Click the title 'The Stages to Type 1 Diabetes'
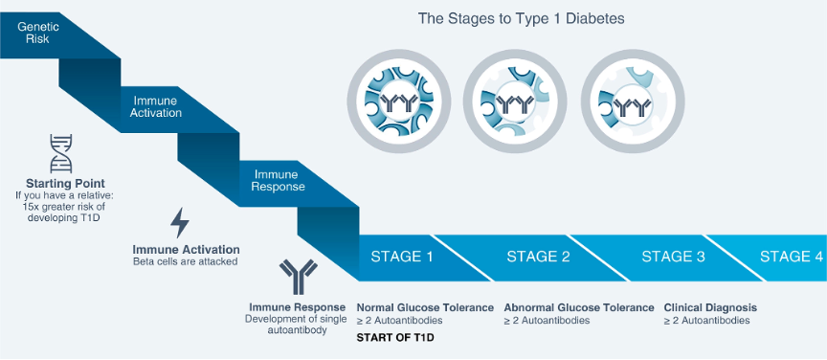tap(521, 19)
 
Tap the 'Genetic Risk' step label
tap(37, 33)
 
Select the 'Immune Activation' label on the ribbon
tap(158, 106)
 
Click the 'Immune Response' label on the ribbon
tap(276, 180)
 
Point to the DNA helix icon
tap(61, 153)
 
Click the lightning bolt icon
tap(180, 223)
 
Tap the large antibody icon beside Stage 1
tap(298, 277)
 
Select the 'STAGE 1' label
tap(402, 257)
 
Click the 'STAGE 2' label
tap(538, 257)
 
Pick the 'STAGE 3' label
tap(673, 257)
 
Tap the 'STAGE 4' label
tap(792, 257)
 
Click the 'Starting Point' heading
tap(65, 184)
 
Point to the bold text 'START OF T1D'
tap(395, 338)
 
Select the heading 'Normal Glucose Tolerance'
tap(425, 307)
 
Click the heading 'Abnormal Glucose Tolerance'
tap(579, 307)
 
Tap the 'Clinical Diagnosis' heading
tap(710, 307)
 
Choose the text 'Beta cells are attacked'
tap(185, 260)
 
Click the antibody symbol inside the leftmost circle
tap(399, 104)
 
